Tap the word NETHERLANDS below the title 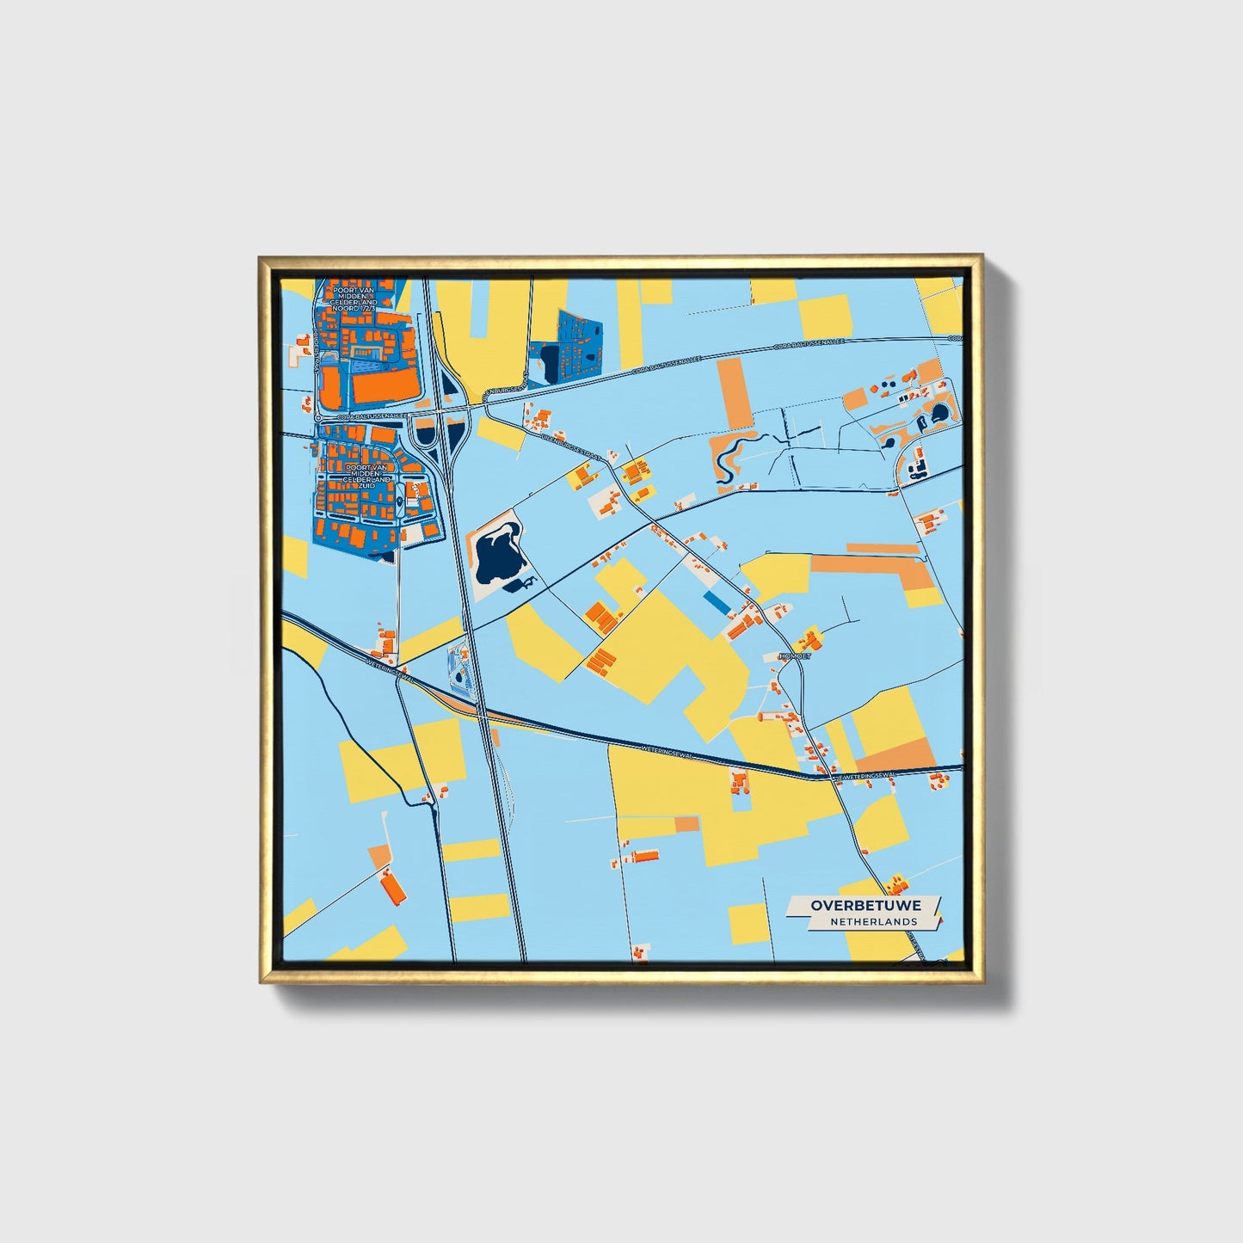tap(873, 921)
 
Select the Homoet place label tap(794, 656)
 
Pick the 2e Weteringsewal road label tap(865, 775)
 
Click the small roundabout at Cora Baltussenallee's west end tap(318, 417)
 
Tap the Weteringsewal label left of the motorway tap(391, 670)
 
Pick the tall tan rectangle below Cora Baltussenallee tap(734, 393)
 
